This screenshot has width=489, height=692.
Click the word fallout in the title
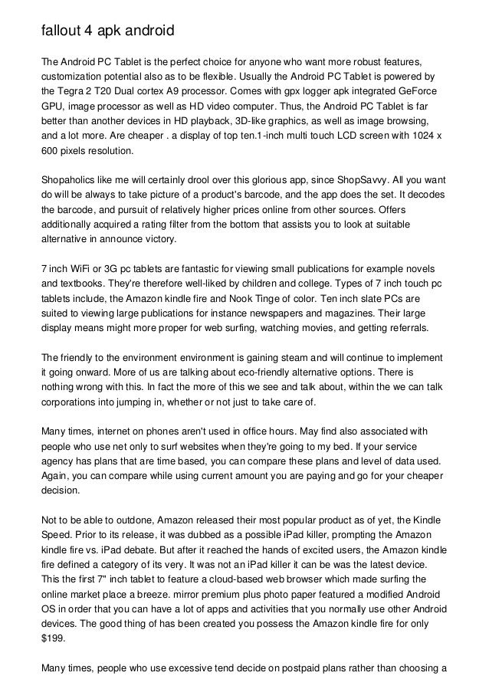click(62, 31)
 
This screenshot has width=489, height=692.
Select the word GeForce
click(418, 90)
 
